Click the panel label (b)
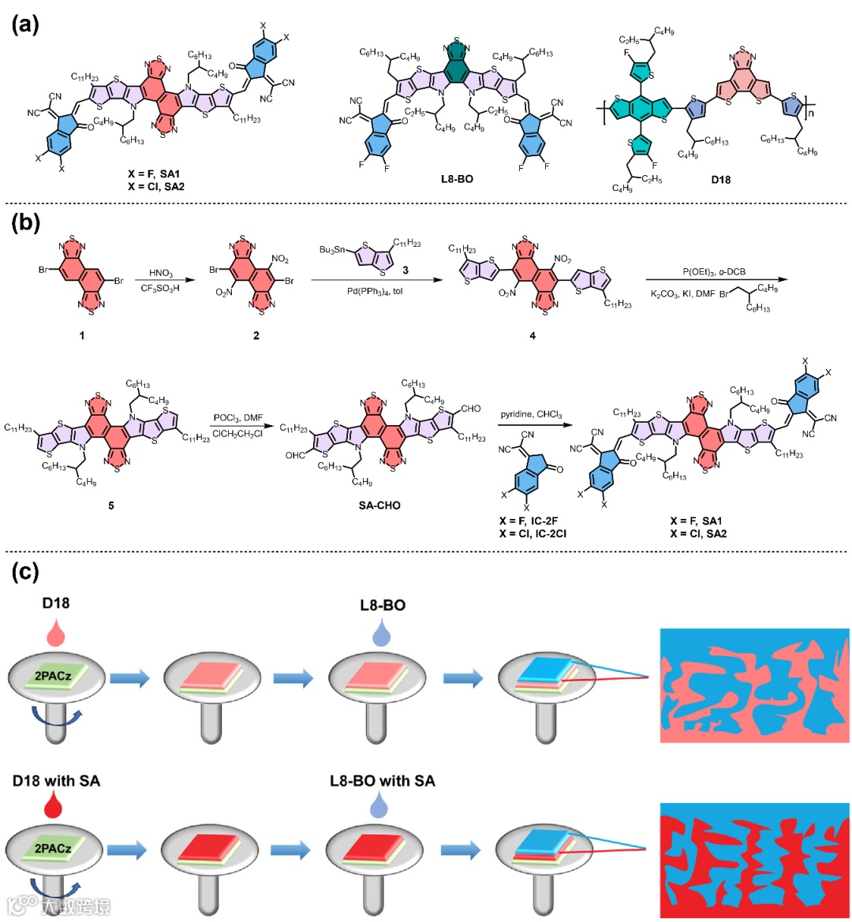[x=24, y=222]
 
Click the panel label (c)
[x=24, y=572]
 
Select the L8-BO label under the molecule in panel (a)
[x=457, y=179]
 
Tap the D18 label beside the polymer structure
[x=720, y=179]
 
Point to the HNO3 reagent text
[x=161, y=273]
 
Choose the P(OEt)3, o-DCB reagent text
[x=714, y=272]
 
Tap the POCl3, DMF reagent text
[x=238, y=418]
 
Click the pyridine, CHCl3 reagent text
[x=531, y=414]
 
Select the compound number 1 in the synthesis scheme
[x=81, y=336]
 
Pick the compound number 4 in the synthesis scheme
[x=532, y=336]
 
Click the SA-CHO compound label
[x=379, y=505]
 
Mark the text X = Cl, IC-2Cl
[x=532, y=534]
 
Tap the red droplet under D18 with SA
[x=56, y=805]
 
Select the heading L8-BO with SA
[x=382, y=781]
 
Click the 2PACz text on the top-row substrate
[x=53, y=675]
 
